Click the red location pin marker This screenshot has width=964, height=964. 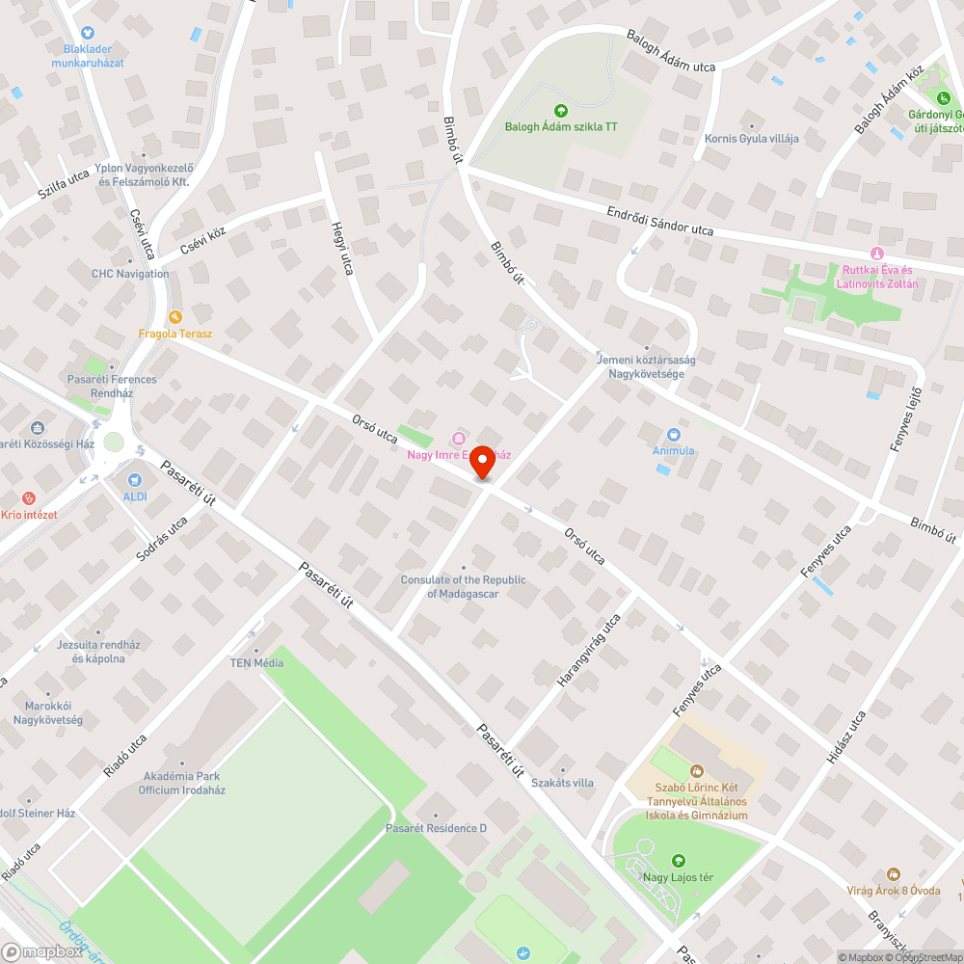[481, 463]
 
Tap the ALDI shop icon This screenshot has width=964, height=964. [134, 479]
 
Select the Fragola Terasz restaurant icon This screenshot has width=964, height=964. [174, 317]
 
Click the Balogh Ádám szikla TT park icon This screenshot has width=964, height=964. [561, 110]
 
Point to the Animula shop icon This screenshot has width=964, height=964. [673, 434]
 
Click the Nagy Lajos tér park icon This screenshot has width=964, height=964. [678, 860]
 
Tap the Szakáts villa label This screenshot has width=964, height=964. [562, 783]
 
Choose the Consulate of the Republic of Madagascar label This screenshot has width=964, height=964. [464, 586]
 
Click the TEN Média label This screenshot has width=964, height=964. [255, 662]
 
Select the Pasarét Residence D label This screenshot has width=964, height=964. [436, 828]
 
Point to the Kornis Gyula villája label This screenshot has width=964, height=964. [751, 138]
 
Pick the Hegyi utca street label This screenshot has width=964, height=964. [342, 248]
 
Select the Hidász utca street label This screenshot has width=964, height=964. [845, 737]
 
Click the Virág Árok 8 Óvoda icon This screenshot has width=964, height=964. [893, 873]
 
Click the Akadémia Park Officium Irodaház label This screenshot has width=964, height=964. [182, 783]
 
